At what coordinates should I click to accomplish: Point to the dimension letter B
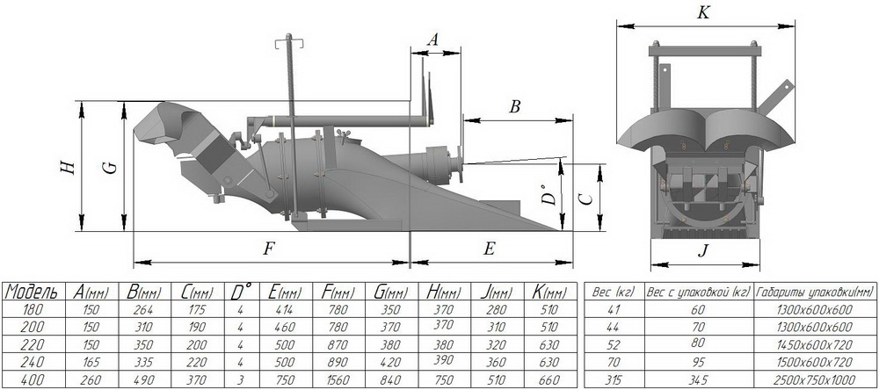pyautogui.click(x=515, y=107)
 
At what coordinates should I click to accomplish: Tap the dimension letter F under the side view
pyautogui.click(x=270, y=249)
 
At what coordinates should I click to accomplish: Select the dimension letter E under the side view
pyautogui.click(x=490, y=249)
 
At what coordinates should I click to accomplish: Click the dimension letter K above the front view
pyautogui.click(x=703, y=13)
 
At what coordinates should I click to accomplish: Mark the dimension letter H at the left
pyautogui.click(x=69, y=166)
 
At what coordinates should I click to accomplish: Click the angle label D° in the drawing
pyautogui.click(x=549, y=194)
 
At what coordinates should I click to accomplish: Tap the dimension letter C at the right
pyautogui.click(x=585, y=199)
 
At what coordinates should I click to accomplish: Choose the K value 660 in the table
pyautogui.click(x=548, y=380)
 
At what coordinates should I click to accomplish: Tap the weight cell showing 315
pyautogui.click(x=614, y=380)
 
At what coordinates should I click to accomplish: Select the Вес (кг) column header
pyautogui.click(x=614, y=292)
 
